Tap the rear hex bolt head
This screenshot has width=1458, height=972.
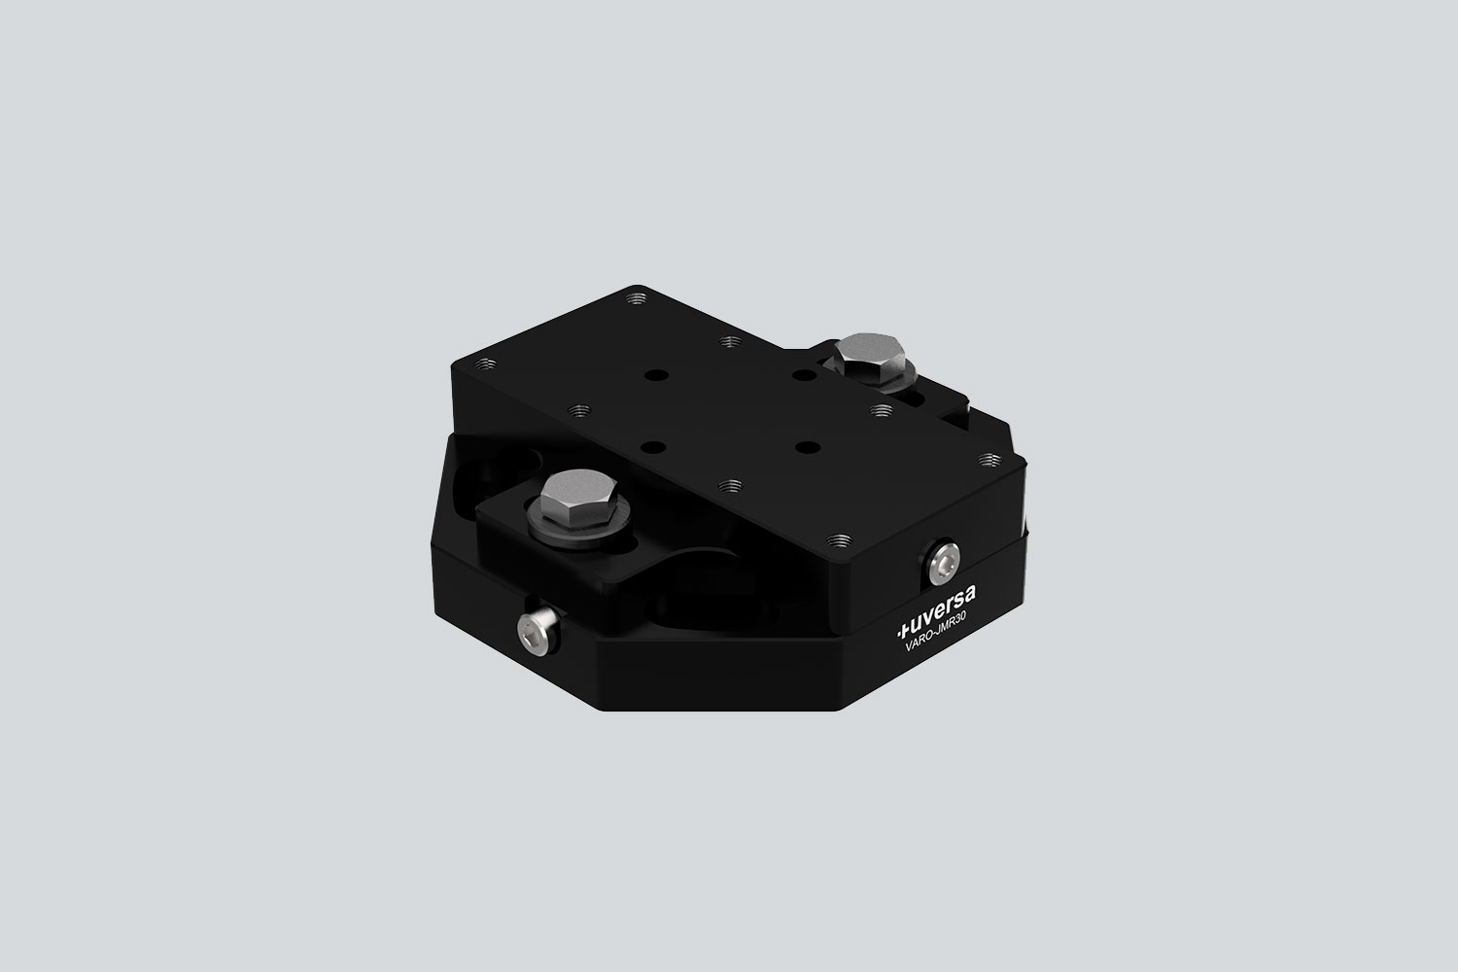point(872,354)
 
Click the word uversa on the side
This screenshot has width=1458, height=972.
point(942,604)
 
